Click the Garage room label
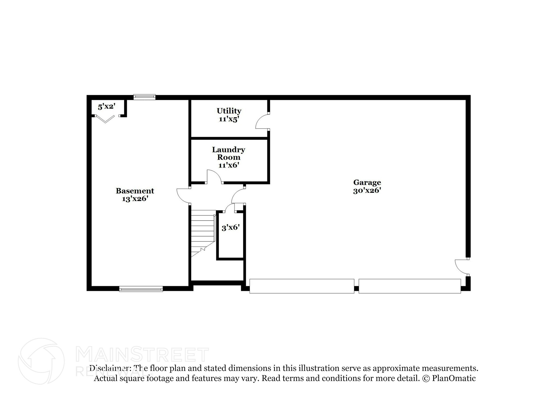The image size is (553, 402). click(367, 183)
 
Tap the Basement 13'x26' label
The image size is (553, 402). click(135, 195)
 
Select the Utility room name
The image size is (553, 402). click(229, 111)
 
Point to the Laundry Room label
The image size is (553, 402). click(228, 153)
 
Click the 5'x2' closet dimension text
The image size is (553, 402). click(107, 107)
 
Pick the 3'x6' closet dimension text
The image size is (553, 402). click(231, 228)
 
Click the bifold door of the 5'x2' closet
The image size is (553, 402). click(105, 119)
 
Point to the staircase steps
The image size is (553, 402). click(203, 232)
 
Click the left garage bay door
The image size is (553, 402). click(302, 286)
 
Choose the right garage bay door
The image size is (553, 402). click(409, 286)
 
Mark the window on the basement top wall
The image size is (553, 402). click(144, 97)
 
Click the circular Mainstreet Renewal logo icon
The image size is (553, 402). click(41, 361)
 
